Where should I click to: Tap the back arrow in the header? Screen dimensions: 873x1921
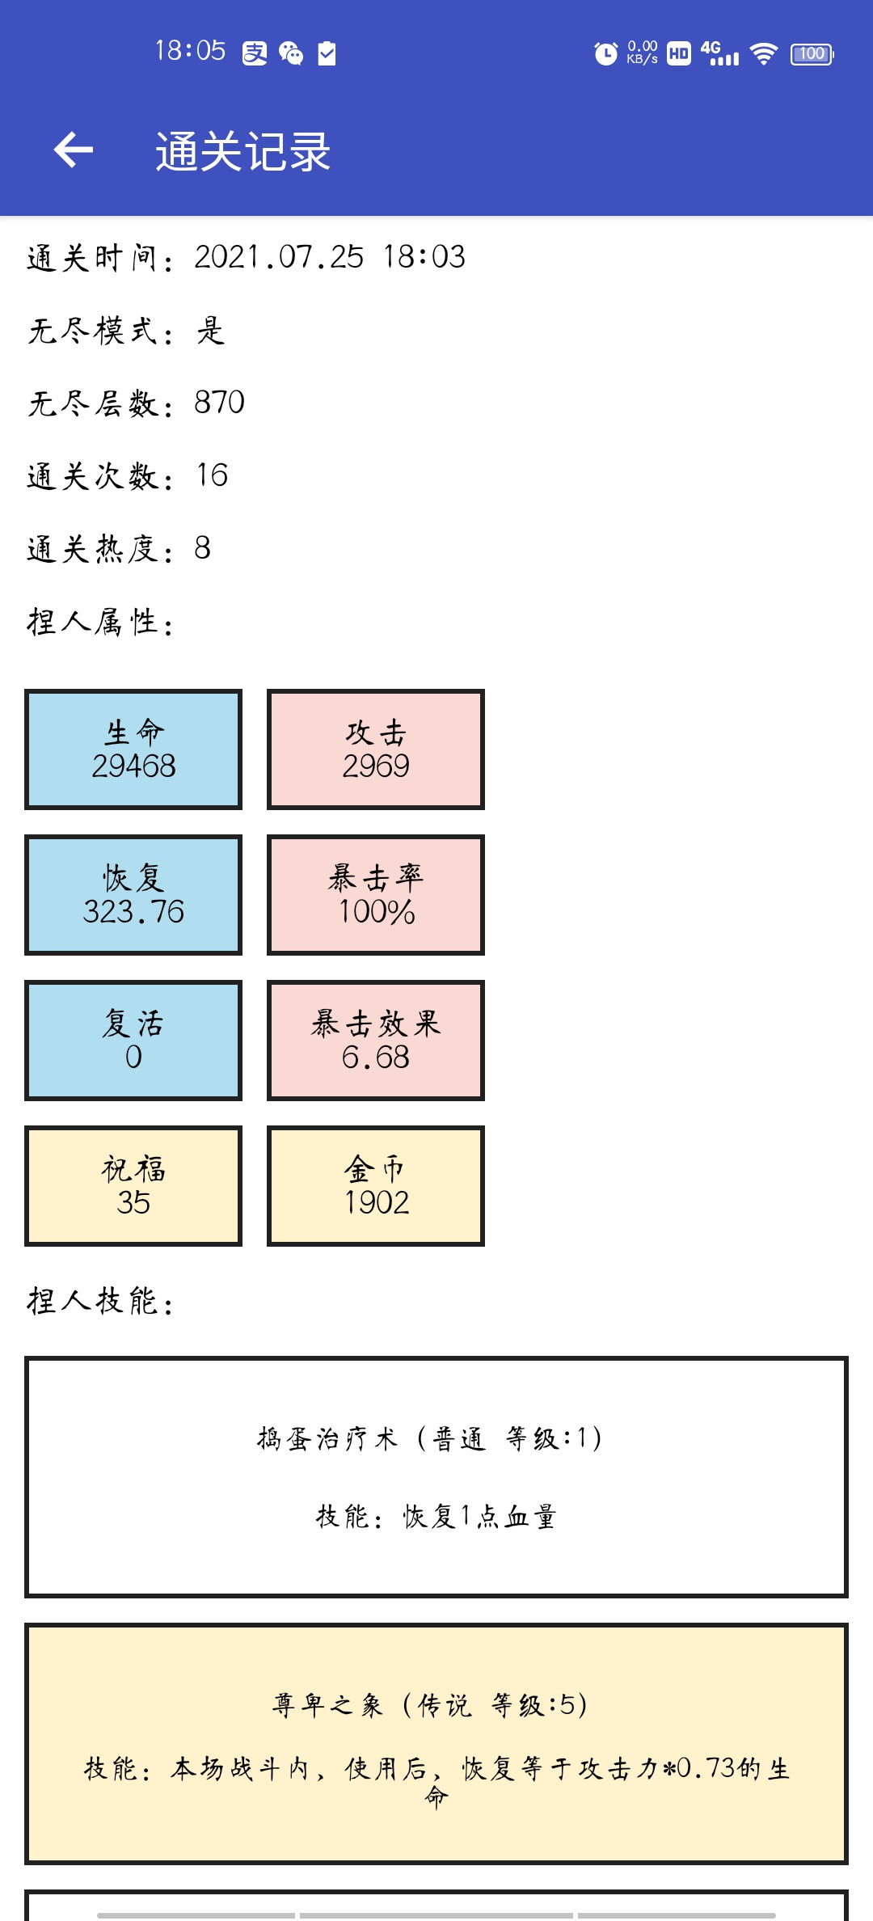tap(74, 150)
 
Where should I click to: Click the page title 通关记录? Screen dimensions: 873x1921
tap(243, 151)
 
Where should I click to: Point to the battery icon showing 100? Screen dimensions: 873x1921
tap(812, 54)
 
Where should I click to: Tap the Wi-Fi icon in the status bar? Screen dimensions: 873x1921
tap(763, 54)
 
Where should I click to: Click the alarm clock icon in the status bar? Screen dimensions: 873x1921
tap(605, 53)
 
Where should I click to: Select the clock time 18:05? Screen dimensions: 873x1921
tap(190, 51)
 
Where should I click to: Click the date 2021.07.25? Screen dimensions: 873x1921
tap(279, 257)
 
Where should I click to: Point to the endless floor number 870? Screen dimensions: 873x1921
tap(219, 403)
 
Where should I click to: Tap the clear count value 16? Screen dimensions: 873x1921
tap(213, 475)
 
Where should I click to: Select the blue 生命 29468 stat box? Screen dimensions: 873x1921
tap(133, 749)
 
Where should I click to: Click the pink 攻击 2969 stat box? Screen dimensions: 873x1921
tap(376, 749)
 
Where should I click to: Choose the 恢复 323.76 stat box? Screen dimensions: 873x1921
tap(133, 895)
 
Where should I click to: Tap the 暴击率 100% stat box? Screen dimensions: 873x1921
tap(376, 895)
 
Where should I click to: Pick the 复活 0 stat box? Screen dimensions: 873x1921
tap(133, 1041)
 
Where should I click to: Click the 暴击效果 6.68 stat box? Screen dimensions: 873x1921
tap(376, 1041)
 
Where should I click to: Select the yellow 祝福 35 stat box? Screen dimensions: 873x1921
tap(133, 1186)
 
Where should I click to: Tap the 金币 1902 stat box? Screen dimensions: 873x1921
tap(376, 1186)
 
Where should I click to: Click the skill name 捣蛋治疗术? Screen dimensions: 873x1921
tap(327, 1439)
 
